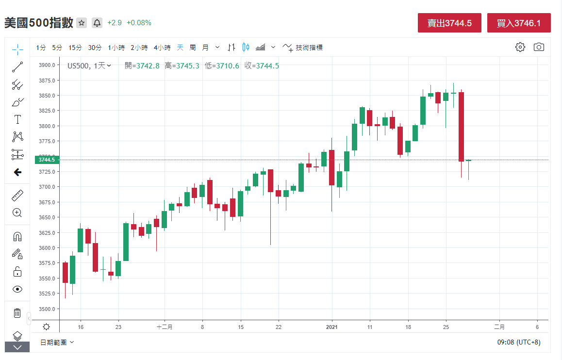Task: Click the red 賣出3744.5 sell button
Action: click(449, 23)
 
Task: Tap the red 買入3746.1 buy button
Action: click(519, 23)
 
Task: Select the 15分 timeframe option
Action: click(75, 48)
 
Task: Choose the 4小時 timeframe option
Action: click(162, 48)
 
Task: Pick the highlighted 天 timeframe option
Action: click(180, 48)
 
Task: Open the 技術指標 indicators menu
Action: click(303, 48)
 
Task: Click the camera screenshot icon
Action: click(539, 47)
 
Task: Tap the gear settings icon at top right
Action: click(520, 47)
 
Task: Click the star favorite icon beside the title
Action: click(82, 23)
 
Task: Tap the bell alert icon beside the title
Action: click(97, 23)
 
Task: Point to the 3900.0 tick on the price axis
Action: click(47, 65)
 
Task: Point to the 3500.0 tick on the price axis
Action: click(47, 309)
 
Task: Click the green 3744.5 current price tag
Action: click(47, 160)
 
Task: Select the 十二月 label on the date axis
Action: click(165, 327)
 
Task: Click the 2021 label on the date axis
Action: click(332, 327)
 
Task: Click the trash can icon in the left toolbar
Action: click(17, 313)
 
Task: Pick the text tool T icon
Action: click(17, 119)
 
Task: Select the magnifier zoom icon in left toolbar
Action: click(17, 213)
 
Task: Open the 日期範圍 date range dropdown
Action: click(57, 342)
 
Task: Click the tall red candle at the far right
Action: click(461, 127)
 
